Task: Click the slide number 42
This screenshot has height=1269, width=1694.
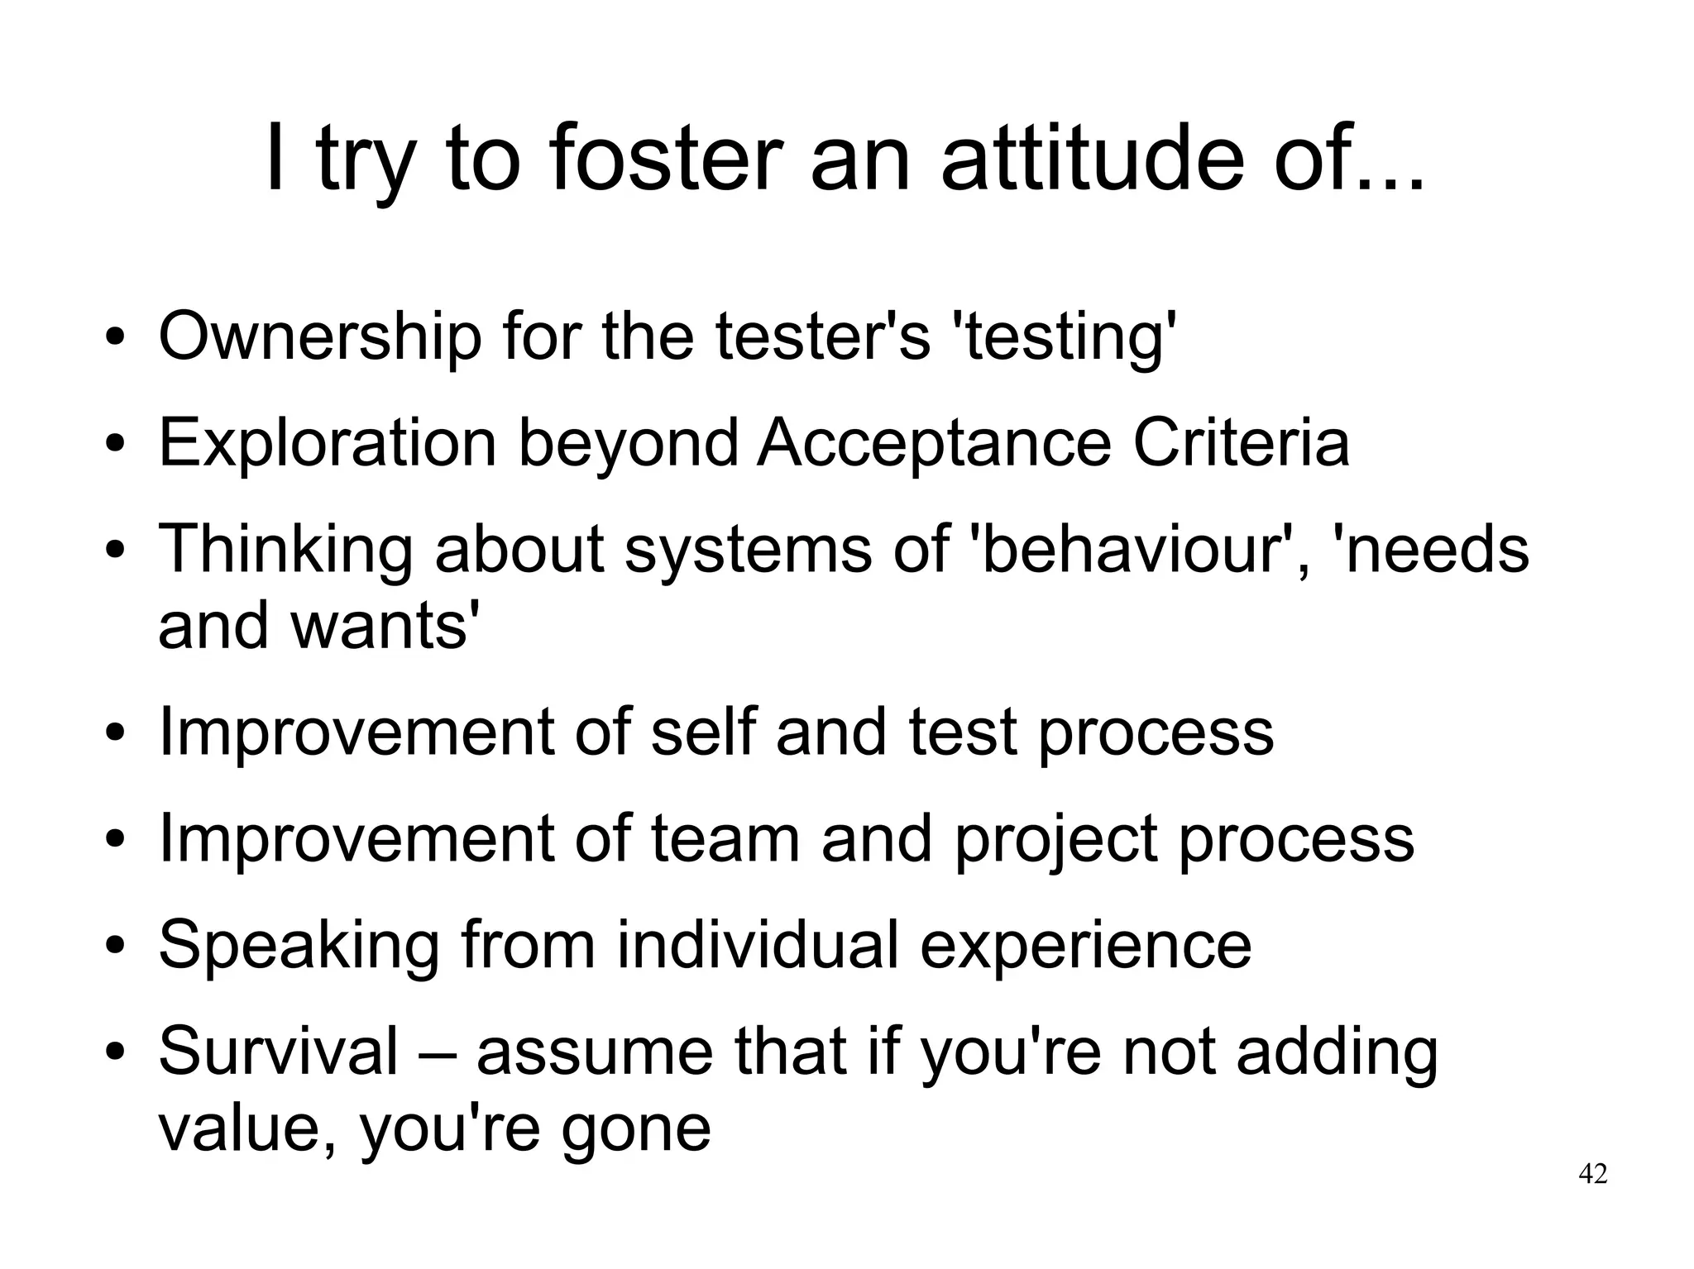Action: (1593, 1174)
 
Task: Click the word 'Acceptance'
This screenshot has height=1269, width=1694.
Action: (935, 443)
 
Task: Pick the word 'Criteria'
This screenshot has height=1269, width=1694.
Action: (1241, 443)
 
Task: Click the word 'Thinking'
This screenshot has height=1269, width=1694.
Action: (285, 549)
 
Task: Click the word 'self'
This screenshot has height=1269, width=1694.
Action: (703, 732)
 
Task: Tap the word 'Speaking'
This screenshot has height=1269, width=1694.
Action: (299, 946)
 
